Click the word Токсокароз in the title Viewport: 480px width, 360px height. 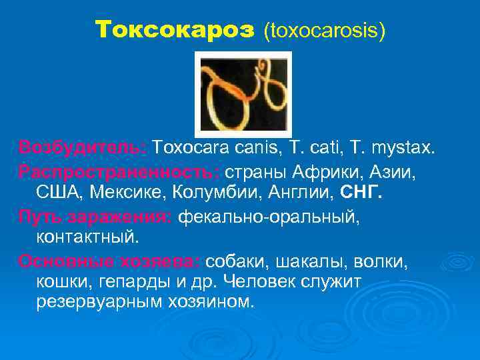[x=175, y=29]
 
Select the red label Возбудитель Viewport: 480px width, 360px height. [x=84, y=147]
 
